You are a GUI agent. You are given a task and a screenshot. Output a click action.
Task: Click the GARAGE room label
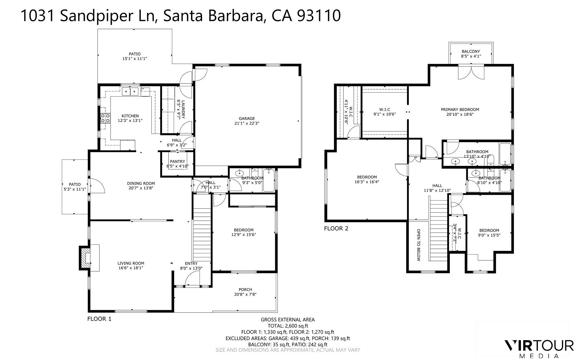[247, 119]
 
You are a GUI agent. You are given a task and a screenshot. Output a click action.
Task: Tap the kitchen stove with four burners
[105, 118]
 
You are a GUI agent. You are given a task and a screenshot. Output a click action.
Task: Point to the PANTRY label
[177, 162]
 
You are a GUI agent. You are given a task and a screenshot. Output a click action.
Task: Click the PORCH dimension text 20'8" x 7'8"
[245, 294]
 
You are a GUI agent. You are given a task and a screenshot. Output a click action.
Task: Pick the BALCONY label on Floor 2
[471, 52]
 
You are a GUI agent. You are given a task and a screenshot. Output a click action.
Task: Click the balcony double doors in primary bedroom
[471, 73]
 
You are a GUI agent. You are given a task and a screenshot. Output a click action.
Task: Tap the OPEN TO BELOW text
[418, 245]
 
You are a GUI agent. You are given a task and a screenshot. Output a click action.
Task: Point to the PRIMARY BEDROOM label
[460, 109]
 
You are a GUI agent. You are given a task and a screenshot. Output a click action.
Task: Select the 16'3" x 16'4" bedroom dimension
[367, 182]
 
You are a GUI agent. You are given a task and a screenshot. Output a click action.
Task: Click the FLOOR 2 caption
[336, 228]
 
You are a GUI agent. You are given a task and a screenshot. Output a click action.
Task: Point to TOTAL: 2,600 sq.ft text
[287, 326]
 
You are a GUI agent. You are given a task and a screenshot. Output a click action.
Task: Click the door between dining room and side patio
[97, 186]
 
